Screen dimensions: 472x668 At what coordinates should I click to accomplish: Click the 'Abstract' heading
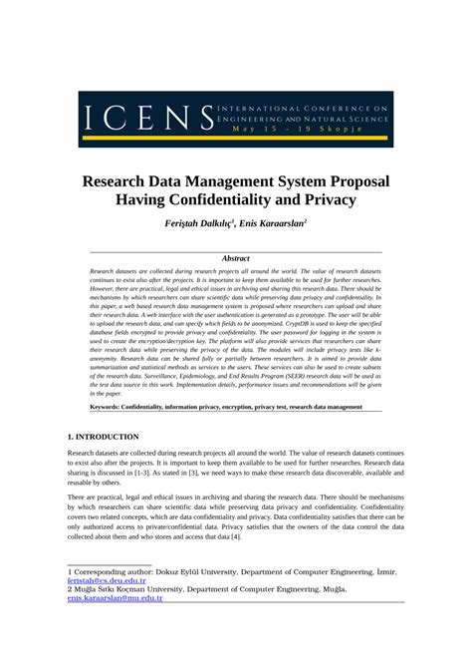tap(236, 258)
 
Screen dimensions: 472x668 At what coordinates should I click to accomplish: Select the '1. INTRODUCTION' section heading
tap(103, 437)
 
